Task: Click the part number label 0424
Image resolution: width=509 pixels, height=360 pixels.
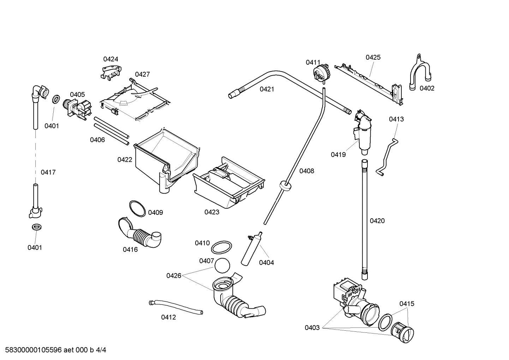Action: [x=110, y=59]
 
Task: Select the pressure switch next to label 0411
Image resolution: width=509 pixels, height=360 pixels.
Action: [x=322, y=73]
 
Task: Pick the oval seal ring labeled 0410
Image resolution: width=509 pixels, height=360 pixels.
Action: [x=222, y=247]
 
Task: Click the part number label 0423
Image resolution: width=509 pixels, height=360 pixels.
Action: [x=212, y=212]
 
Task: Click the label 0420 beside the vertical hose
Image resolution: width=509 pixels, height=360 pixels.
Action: [x=377, y=221]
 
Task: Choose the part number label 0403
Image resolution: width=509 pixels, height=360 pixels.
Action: [x=312, y=327]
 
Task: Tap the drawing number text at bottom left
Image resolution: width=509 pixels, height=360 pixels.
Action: [x=53, y=350]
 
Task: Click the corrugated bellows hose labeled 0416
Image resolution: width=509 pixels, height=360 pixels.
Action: [x=139, y=234]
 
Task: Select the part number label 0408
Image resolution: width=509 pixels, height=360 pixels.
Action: [x=306, y=171]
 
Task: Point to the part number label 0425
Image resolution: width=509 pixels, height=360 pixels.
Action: [x=373, y=57]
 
